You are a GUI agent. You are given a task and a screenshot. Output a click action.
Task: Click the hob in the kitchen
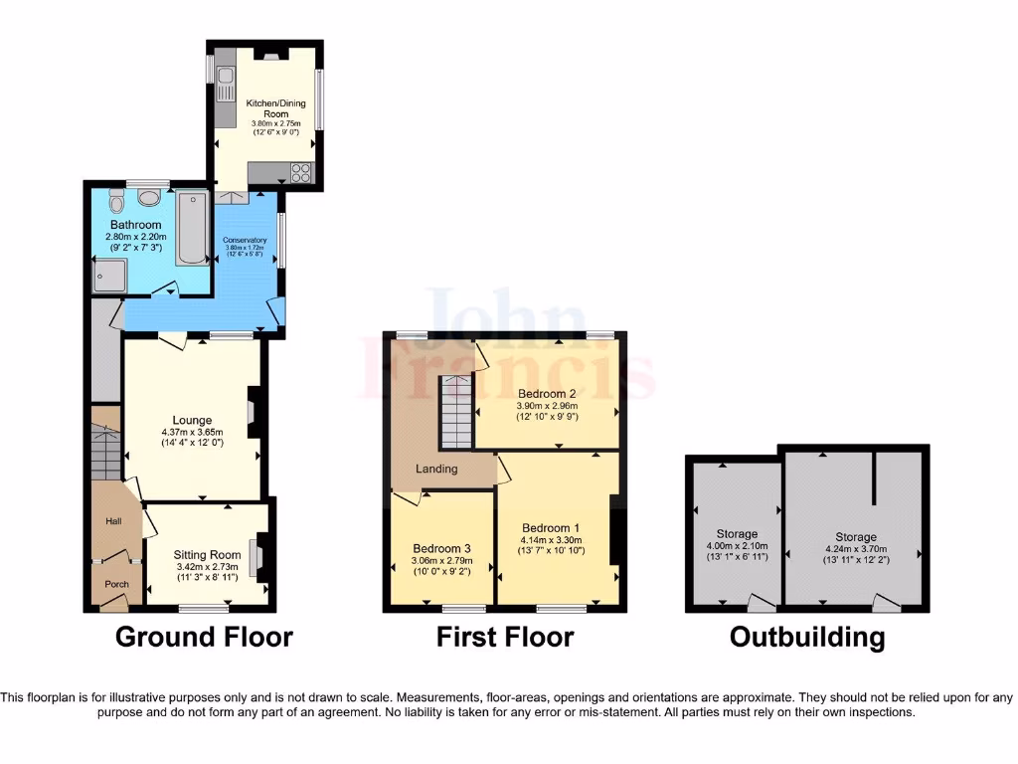pyautogui.click(x=299, y=173)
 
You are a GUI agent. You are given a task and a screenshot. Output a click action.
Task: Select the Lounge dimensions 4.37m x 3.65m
pyautogui.click(x=192, y=433)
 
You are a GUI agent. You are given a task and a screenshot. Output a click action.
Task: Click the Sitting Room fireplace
pyautogui.click(x=259, y=558)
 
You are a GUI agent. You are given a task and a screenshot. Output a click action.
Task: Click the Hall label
pyautogui.click(x=112, y=521)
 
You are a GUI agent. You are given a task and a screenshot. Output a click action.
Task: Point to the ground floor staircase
pyautogui.click(x=104, y=453)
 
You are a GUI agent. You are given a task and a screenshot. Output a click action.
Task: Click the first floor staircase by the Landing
pyautogui.click(x=454, y=413)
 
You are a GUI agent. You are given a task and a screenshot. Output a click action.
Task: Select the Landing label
pyautogui.click(x=437, y=469)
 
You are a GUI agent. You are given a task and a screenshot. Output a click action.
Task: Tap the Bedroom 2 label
pyautogui.click(x=546, y=392)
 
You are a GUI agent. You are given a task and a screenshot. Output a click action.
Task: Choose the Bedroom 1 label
pyautogui.click(x=550, y=528)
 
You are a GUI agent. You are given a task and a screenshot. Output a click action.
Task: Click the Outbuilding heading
pyautogui.click(x=806, y=637)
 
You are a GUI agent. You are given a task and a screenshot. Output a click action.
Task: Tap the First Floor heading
pyautogui.click(x=505, y=637)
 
